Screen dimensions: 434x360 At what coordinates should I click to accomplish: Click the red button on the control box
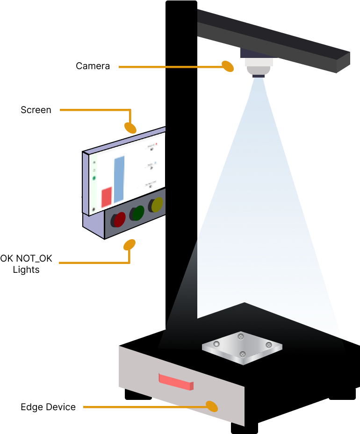[120, 219]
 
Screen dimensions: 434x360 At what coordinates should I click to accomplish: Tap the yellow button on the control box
[157, 205]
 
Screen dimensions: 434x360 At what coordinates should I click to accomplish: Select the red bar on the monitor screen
[107, 197]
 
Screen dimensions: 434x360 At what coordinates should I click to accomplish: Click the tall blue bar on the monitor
[119, 179]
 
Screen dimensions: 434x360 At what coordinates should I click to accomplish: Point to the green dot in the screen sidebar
[94, 178]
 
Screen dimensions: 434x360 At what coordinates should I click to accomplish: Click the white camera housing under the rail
[259, 62]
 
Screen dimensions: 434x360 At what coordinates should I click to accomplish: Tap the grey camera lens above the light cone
[259, 71]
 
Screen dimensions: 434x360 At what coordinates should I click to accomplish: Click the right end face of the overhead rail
[343, 62]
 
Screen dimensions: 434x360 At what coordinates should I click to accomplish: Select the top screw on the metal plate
[241, 336]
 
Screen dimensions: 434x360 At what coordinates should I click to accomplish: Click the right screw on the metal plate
[269, 345]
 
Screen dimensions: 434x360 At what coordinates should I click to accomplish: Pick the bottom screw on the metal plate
[243, 355]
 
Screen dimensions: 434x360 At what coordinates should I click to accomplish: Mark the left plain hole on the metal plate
[216, 344]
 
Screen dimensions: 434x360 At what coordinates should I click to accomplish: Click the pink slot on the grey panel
[175, 382]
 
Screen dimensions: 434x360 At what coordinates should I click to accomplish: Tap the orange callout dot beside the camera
[228, 66]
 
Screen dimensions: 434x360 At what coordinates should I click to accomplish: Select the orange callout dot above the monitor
[130, 128]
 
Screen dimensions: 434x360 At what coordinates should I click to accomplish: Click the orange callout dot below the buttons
[130, 245]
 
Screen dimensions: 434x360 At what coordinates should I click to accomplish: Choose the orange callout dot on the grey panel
[212, 406]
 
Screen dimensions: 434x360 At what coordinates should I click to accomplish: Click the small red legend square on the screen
[156, 144]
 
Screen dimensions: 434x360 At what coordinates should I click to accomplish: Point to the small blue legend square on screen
[155, 163]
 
